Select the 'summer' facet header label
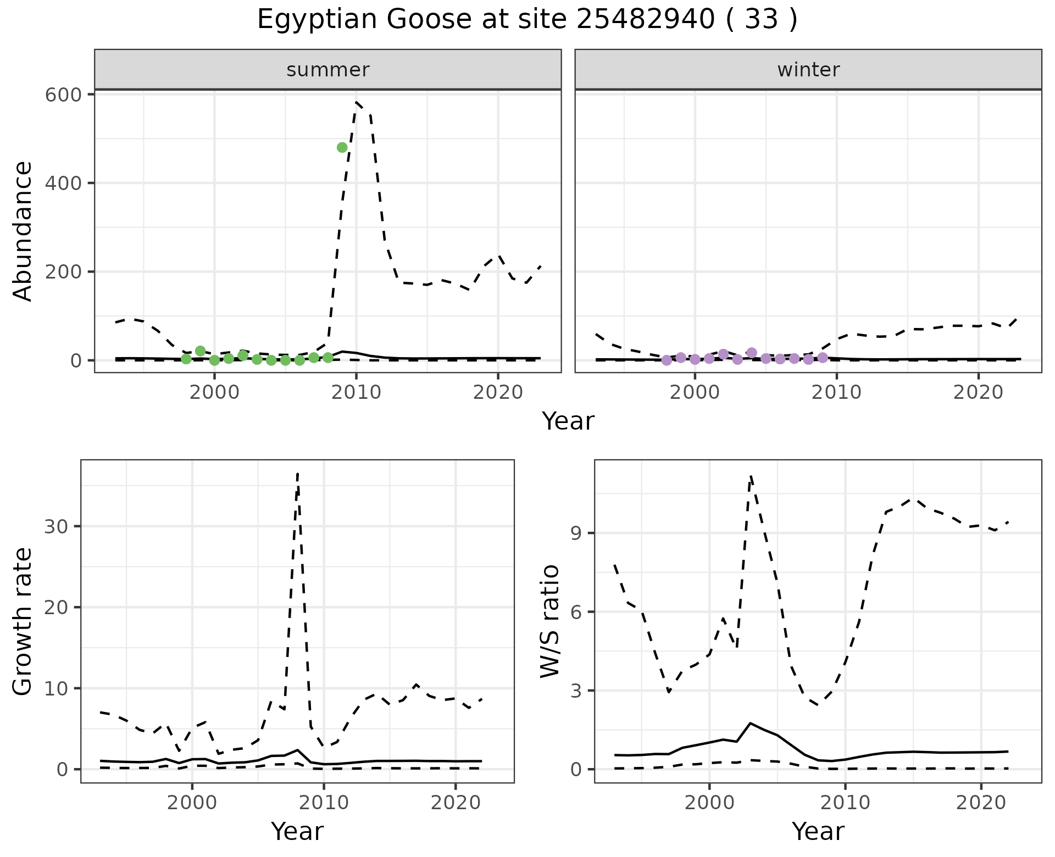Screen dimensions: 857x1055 point(328,70)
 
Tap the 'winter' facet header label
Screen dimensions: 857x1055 point(808,70)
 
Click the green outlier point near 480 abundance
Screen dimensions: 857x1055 point(342,147)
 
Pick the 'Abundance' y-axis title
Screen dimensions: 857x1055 point(23,231)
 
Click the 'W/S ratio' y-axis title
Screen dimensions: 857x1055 point(550,621)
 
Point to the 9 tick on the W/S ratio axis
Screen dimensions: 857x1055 point(576,533)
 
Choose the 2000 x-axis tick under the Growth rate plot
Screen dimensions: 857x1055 point(192,803)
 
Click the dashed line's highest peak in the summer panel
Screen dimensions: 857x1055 point(357,102)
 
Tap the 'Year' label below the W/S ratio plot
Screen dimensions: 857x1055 point(818,831)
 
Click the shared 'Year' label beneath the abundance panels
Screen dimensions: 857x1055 point(568,421)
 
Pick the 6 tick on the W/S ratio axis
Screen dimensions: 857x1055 point(576,612)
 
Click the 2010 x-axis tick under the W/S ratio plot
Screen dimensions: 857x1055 point(845,803)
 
